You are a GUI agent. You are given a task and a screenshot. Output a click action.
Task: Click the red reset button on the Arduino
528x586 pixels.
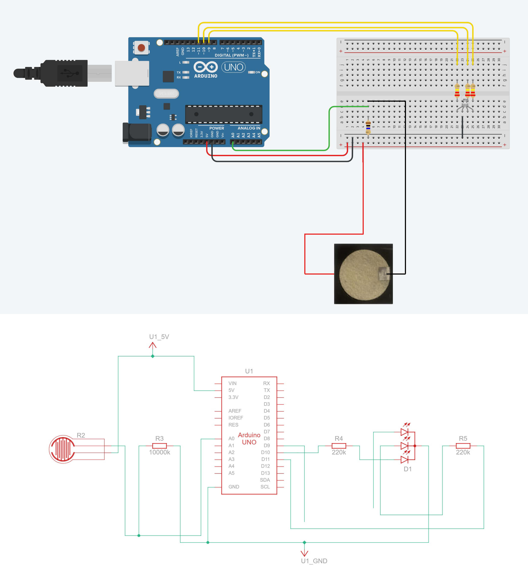coord(141,48)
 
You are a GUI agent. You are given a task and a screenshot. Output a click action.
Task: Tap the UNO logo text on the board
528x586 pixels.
coord(234,67)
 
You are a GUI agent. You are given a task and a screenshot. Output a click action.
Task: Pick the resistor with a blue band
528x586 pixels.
coord(368,127)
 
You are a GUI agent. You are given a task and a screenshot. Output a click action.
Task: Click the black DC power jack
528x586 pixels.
coord(137,133)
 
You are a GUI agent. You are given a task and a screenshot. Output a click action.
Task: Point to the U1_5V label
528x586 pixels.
coord(159,337)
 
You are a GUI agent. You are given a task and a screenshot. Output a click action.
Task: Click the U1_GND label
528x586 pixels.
coord(314,561)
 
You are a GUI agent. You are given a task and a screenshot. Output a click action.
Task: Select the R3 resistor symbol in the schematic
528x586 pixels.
coord(160,446)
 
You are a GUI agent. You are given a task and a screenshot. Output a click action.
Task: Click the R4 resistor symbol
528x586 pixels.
coord(339,446)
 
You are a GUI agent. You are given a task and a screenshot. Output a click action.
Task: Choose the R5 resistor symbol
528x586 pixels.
coord(463,446)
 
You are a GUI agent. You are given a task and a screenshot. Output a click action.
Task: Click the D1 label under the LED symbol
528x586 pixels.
coord(408,469)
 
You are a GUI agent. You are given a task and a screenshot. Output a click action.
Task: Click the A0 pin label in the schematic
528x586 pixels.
coord(231,438)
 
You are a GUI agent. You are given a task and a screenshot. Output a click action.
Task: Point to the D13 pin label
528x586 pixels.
coord(265,473)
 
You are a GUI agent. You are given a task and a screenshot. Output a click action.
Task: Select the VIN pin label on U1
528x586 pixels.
coord(232,383)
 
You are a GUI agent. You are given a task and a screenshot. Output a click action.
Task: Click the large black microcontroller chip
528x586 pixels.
coord(224,114)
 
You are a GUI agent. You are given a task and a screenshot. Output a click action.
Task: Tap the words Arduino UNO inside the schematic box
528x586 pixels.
coord(249,438)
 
